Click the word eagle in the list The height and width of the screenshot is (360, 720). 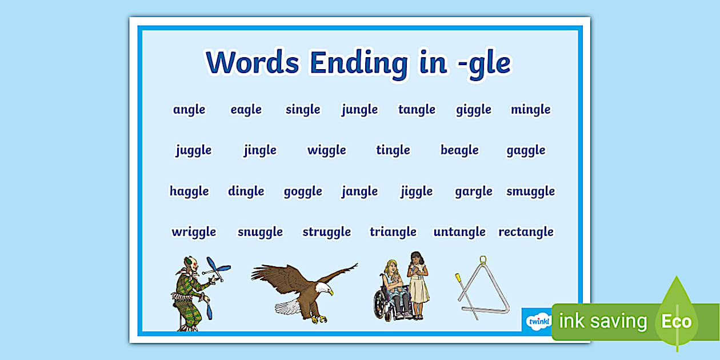tap(246, 110)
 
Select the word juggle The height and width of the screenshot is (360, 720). tap(194, 150)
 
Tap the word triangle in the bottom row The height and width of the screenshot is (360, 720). tap(393, 232)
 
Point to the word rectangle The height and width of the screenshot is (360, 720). tap(526, 232)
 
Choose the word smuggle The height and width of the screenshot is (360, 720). tap(530, 191)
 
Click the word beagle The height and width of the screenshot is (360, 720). tap(459, 150)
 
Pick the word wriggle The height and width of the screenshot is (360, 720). tap(194, 232)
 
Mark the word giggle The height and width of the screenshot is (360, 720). tap(474, 110)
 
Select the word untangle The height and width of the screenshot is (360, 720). tap(459, 232)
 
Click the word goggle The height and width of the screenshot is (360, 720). tap(303, 191)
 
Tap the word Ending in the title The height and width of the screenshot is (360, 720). tap(359, 63)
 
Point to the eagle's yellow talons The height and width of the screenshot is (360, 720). tap(318, 319)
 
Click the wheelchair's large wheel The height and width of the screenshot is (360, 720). tap(382, 305)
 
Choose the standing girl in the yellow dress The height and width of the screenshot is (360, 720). tap(418, 285)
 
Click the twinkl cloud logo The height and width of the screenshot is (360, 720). tap(539, 321)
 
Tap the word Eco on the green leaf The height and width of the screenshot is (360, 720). tap(677, 321)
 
